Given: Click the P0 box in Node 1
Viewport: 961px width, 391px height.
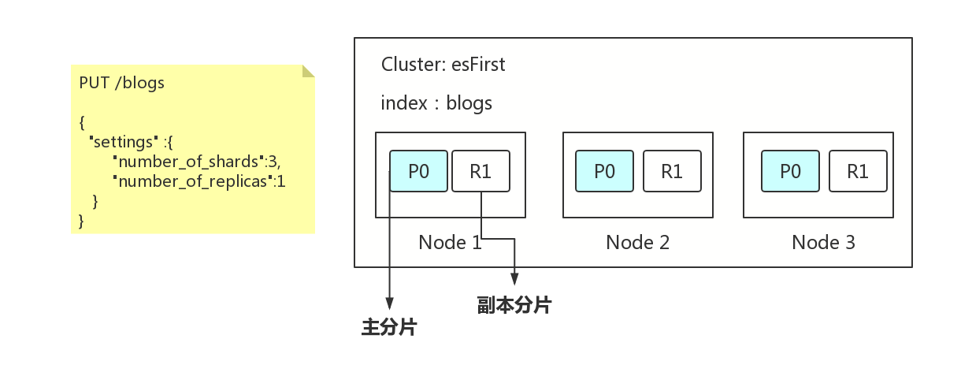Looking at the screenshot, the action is click(418, 171).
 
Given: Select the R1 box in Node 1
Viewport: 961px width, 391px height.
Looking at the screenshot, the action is click(481, 171).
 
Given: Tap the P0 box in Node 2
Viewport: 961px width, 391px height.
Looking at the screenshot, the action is click(604, 171).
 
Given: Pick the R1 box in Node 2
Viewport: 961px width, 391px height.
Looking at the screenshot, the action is click(672, 171).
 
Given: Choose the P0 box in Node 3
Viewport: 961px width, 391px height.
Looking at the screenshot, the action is click(790, 171).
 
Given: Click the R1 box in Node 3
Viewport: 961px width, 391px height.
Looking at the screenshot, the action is click(858, 171).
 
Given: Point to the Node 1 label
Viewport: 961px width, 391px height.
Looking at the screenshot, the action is click(450, 243).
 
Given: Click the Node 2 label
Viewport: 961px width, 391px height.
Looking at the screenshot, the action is click(637, 243).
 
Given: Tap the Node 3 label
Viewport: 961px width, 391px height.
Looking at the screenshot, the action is click(823, 243).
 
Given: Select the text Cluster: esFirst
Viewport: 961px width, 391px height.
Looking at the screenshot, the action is click(443, 65).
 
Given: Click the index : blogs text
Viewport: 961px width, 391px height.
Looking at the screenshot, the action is click(436, 103).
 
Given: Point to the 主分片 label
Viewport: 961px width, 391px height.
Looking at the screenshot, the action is click(389, 327).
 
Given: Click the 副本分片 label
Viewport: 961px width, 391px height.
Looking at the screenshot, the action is click(514, 305).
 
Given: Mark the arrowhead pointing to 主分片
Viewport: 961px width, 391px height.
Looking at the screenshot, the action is click(390, 303).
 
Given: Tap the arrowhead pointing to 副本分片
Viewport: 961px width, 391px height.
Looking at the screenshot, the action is click(514, 279).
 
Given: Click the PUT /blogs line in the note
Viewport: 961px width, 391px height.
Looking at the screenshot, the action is click(122, 83).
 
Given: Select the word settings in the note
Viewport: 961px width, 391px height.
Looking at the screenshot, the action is click(123, 142).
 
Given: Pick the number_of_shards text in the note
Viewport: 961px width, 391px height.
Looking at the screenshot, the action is click(188, 162).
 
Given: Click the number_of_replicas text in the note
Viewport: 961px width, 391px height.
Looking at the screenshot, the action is click(193, 181).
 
